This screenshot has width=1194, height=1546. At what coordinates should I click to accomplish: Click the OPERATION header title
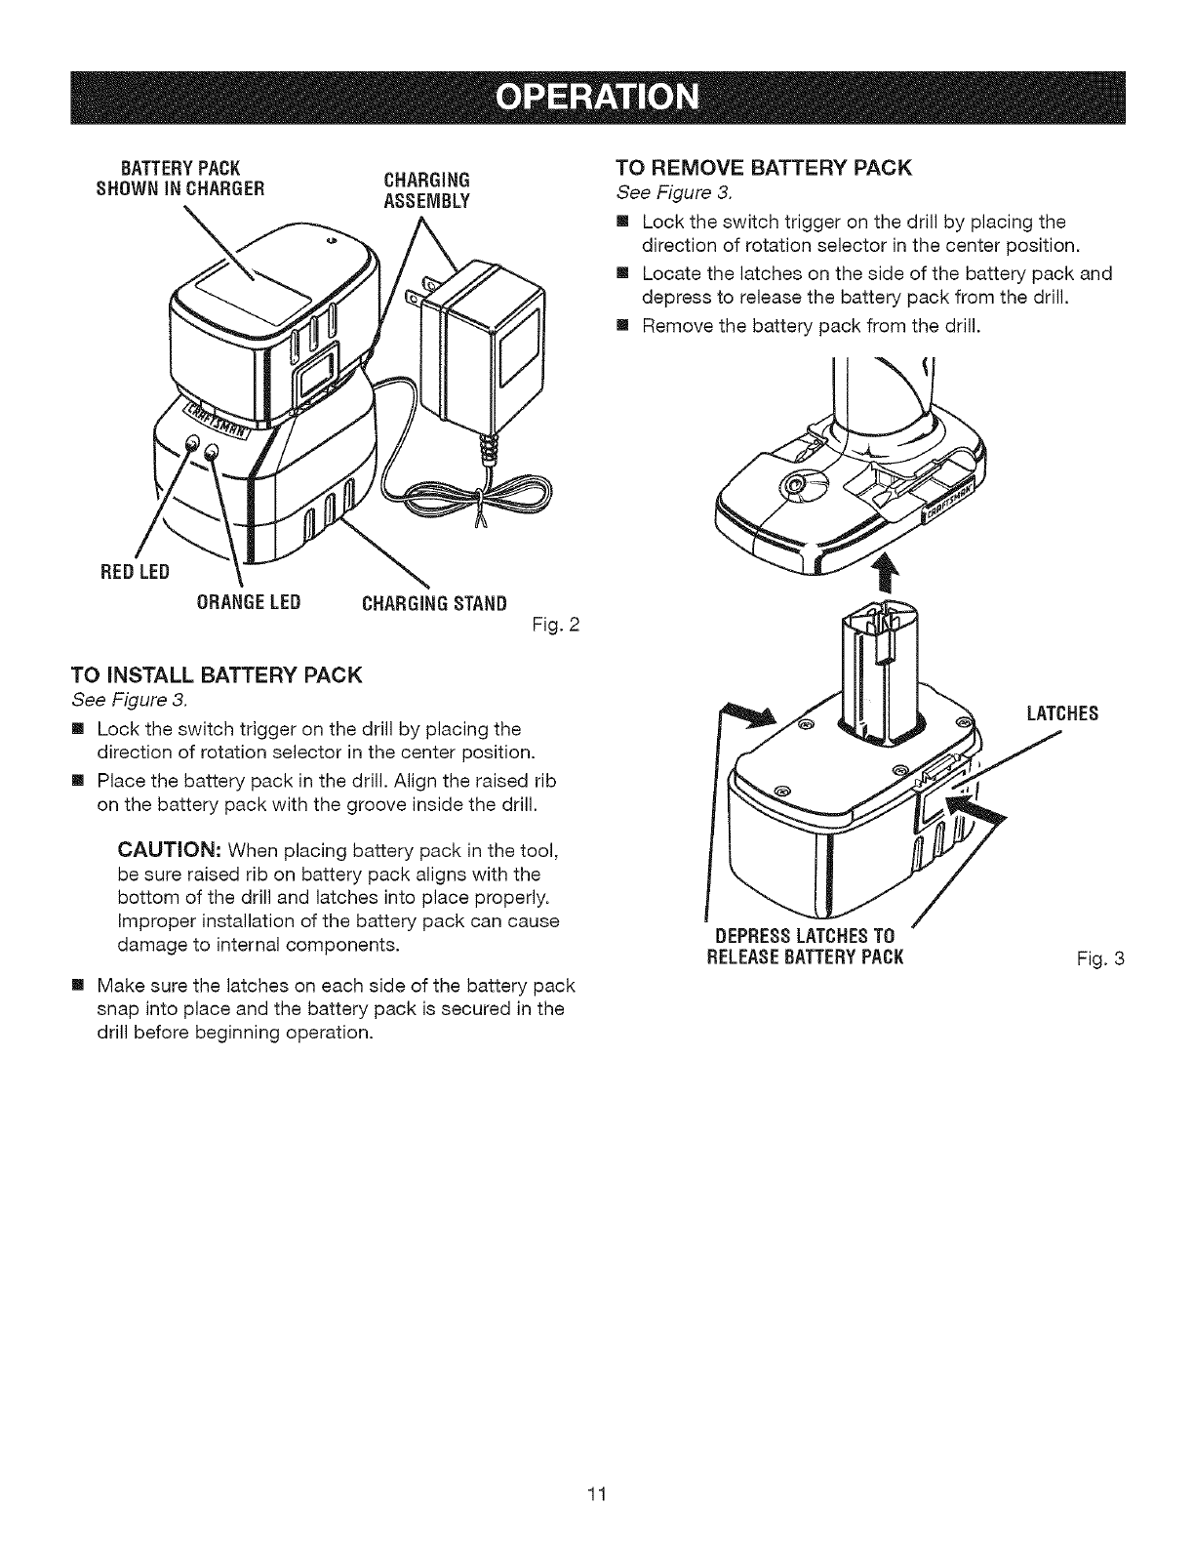[597, 98]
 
